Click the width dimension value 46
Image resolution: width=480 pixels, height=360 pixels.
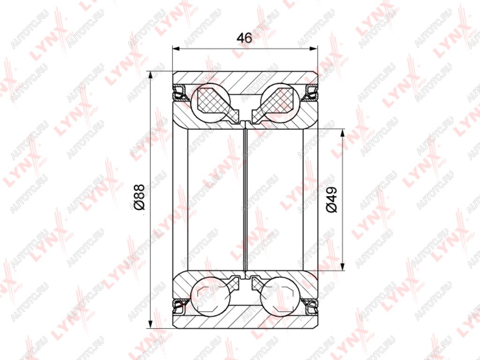point(244,38)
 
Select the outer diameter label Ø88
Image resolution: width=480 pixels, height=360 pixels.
point(139,197)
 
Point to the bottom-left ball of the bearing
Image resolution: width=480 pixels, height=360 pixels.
point(210,296)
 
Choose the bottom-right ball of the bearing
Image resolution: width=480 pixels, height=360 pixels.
point(280,296)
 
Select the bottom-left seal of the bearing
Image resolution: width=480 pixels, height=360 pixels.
point(180,307)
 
